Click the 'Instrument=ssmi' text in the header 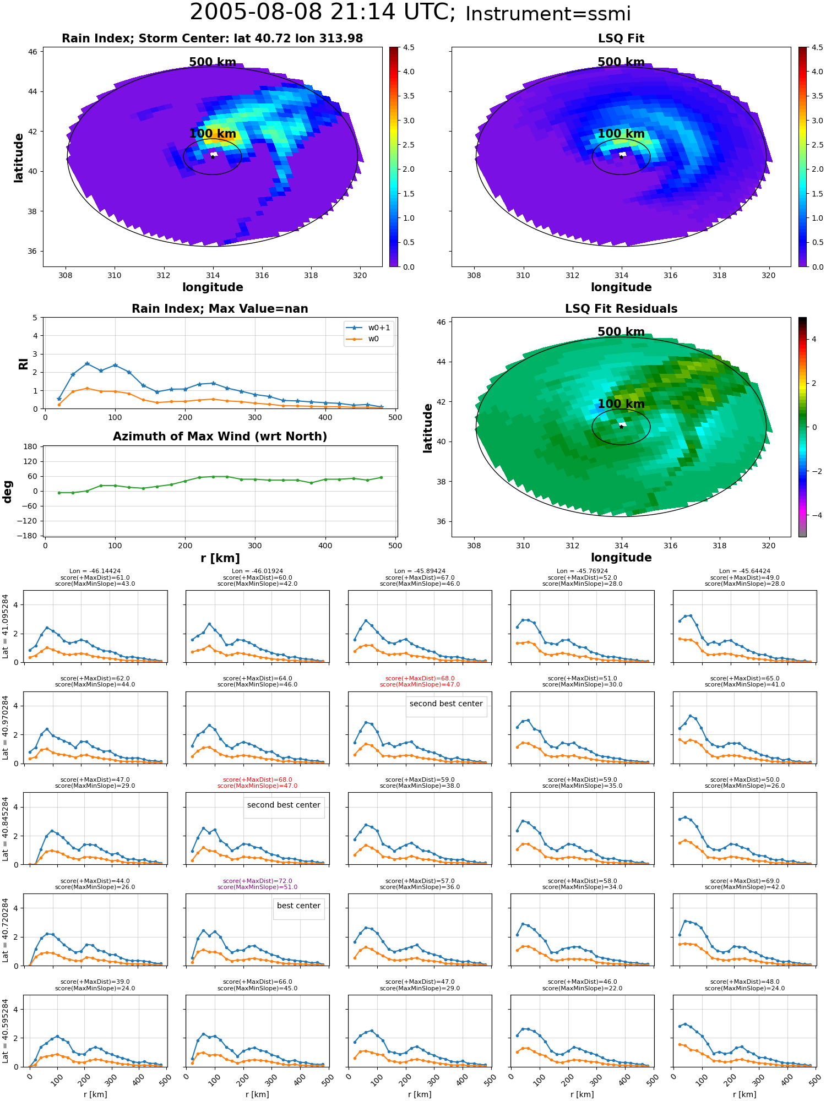point(548,14)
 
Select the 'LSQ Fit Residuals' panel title point(621,309)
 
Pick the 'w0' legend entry point(368,339)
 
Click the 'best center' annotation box point(298,906)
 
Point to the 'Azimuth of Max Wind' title point(220,437)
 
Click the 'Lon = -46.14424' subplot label point(95,571)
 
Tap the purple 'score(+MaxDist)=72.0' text point(257,881)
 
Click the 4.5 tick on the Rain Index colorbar point(409,47)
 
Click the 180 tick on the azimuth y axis point(31,446)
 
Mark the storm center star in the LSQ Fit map point(621,157)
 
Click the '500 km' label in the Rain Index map point(213,62)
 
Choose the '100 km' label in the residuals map point(621,404)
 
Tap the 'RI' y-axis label point(23,364)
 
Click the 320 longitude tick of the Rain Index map point(360,275)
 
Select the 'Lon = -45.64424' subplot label point(745,571)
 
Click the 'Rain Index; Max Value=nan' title point(220,309)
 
